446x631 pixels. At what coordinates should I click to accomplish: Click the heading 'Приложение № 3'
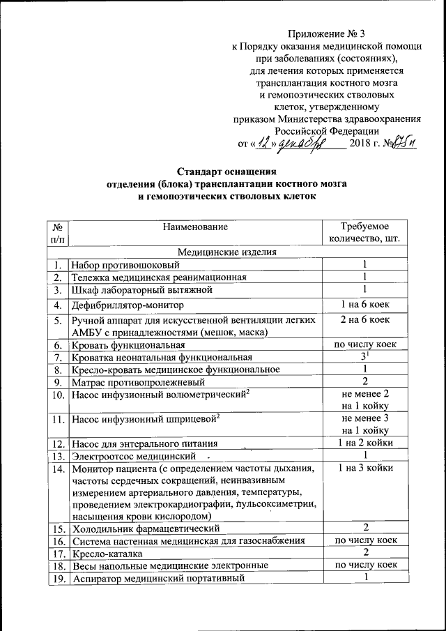(x=326, y=33)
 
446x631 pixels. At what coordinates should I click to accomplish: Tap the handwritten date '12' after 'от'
(x=262, y=143)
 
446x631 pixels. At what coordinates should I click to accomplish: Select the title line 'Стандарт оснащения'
(x=226, y=171)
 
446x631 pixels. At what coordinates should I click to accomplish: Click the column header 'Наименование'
(x=195, y=227)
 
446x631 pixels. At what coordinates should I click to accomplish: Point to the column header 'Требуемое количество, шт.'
(x=364, y=233)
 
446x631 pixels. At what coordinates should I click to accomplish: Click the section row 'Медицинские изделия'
(x=227, y=252)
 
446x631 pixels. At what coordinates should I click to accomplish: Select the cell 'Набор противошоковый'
(x=126, y=265)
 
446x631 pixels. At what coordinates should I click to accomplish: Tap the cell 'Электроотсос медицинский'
(x=132, y=455)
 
